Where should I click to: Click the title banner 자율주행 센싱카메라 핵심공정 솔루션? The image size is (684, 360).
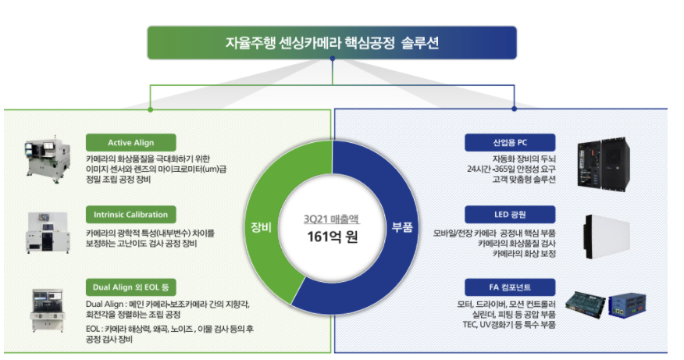[332, 43]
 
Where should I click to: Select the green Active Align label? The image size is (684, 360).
[130, 143]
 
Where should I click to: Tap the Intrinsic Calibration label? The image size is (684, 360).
[130, 214]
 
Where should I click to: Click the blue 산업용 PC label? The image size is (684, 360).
[510, 143]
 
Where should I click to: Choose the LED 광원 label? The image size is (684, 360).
[510, 214]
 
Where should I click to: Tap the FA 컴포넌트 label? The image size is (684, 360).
[510, 287]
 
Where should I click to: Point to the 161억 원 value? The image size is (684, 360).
[332, 236]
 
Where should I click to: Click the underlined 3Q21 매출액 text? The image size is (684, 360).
[332, 219]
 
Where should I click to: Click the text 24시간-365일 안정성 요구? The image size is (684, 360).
[511, 168]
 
